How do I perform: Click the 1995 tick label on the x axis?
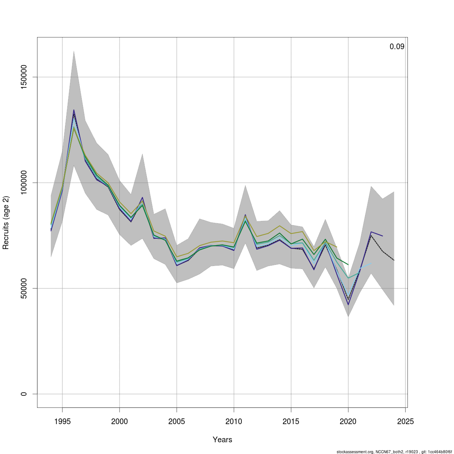point(62,421)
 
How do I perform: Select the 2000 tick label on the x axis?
point(120,421)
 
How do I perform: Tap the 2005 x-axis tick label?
point(177,421)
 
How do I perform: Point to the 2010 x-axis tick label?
point(234,421)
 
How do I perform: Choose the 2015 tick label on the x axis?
point(291,421)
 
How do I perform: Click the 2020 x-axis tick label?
point(348,421)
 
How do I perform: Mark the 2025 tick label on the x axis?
point(405,421)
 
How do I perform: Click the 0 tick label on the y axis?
point(24,394)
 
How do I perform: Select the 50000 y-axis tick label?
point(24,288)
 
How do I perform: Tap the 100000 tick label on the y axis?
point(24,183)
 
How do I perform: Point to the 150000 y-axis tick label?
point(24,77)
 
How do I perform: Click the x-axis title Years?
point(222,440)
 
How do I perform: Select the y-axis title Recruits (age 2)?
point(6,222)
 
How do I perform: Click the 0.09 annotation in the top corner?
point(397,47)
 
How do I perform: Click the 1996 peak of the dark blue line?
point(74,110)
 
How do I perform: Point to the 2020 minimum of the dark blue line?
point(348,305)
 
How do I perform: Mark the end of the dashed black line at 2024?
point(394,260)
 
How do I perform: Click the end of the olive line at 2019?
point(337,247)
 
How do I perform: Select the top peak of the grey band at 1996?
point(74,51)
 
